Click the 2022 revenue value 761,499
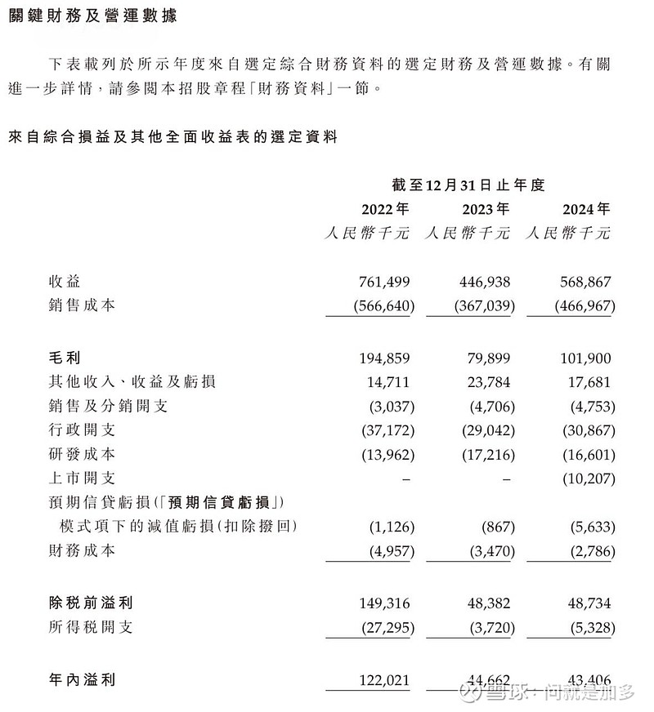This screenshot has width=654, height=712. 383,282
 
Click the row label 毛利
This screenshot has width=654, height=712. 63,358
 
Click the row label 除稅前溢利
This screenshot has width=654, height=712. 90,603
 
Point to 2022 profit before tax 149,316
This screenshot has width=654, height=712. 383,603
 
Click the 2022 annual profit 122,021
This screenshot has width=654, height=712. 383,679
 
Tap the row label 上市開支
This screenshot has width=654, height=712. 82,478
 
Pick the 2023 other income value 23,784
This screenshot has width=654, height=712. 486,381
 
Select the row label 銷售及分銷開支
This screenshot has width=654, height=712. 108,406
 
